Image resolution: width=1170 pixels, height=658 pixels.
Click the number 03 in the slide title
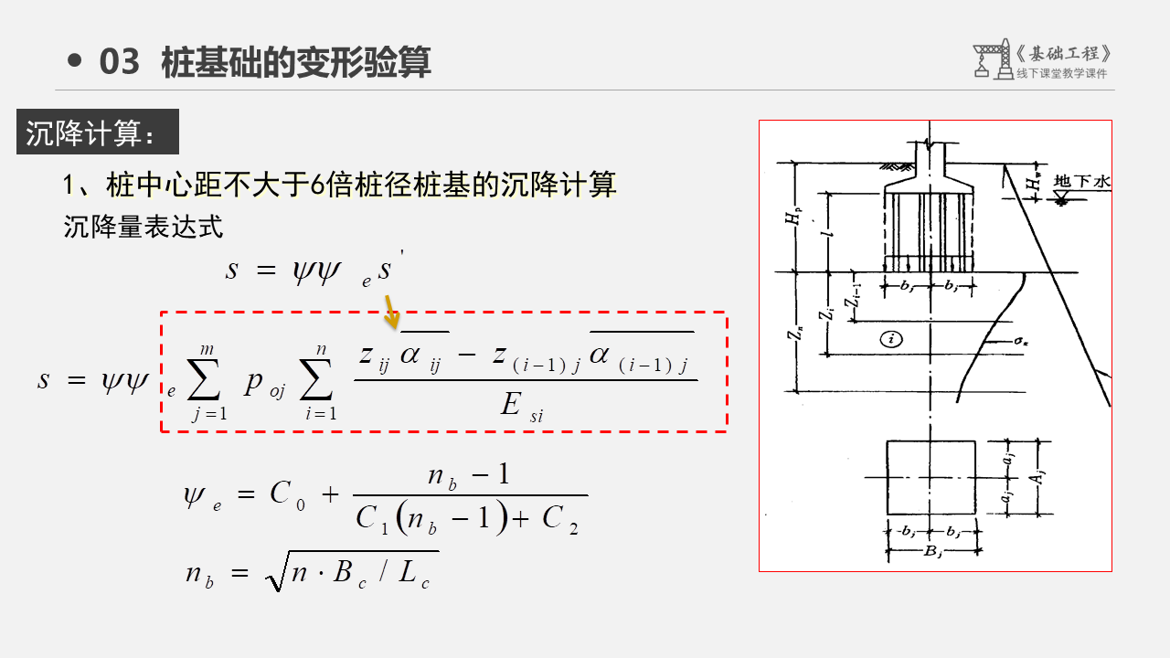119,62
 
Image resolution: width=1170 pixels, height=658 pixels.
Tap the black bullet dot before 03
76,62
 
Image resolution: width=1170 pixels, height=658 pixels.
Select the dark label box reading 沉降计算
98,133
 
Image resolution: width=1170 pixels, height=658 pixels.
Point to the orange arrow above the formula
391,311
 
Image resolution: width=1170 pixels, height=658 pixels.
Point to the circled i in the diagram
892,339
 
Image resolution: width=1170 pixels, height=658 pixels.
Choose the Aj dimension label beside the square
1040,476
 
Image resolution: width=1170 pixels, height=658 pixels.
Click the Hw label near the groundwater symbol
1032,182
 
